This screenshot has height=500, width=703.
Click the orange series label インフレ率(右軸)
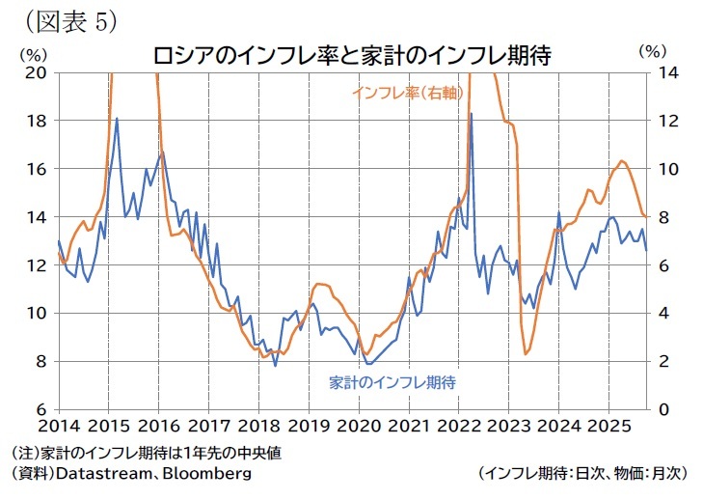[404, 94]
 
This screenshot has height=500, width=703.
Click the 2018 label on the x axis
[257, 426]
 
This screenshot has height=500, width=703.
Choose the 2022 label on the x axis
[457, 426]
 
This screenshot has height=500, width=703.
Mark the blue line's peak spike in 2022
[471, 114]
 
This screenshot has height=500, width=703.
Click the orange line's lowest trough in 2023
[526, 354]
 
